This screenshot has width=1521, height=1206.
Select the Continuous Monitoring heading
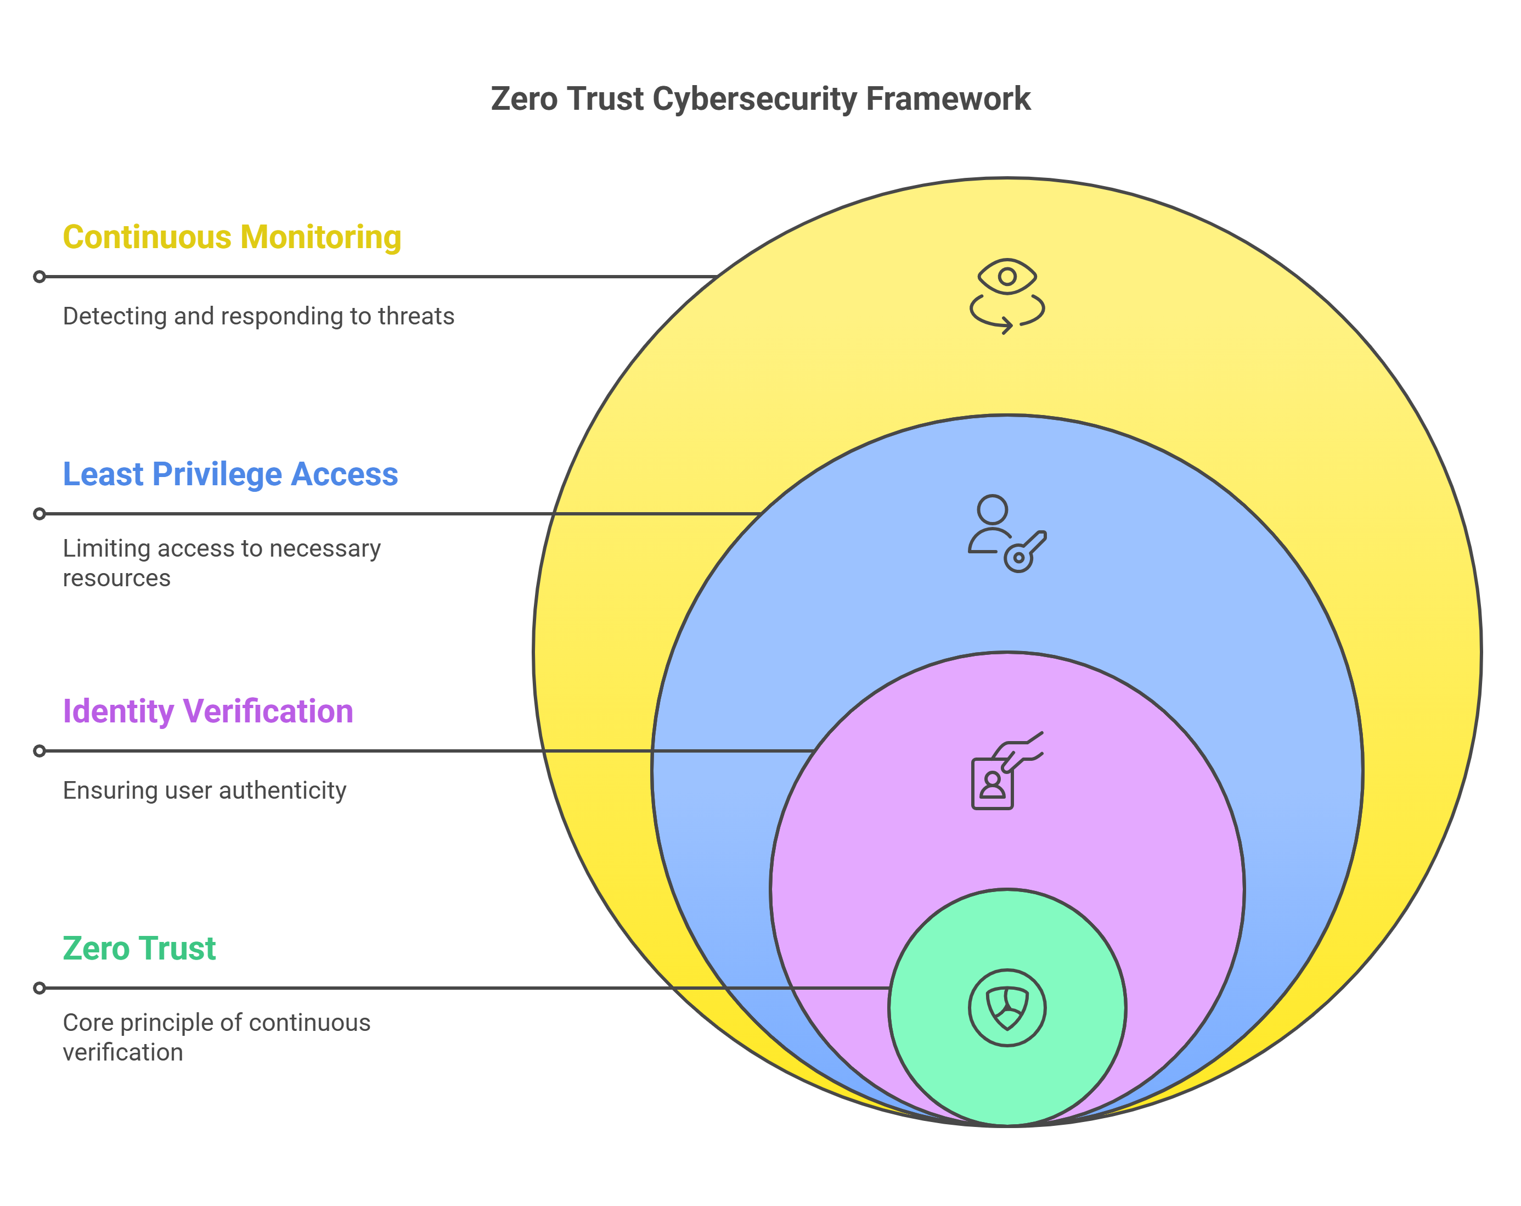tap(232, 237)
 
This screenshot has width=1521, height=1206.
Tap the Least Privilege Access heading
tap(230, 474)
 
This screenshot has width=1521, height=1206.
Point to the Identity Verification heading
tap(207, 711)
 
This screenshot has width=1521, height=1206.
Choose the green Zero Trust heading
tap(139, 949)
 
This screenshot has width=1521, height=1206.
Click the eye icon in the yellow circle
tap(1007, 276)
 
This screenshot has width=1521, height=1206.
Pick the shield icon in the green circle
tap(1007, 1008)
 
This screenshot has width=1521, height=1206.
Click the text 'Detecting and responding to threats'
tap(258, 316)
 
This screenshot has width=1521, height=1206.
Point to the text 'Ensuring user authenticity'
tap(205, 790)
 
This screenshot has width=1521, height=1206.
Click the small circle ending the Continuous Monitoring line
tap(40, 277)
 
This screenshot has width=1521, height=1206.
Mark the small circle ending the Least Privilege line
tap(40, 514)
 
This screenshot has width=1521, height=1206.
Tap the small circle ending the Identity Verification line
tap(40, 751)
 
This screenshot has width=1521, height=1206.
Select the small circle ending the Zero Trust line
tap(40, 988)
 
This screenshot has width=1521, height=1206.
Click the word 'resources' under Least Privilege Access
tap(116, 578)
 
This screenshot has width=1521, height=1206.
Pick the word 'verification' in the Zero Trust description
tap(123, 1052)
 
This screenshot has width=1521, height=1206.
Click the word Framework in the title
tap(948, 99)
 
